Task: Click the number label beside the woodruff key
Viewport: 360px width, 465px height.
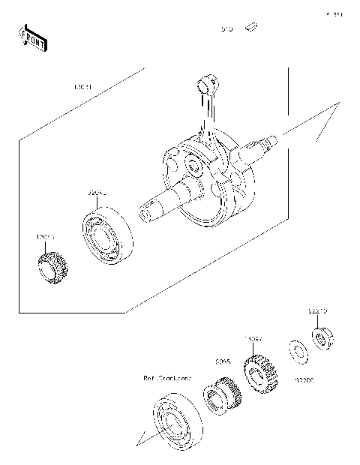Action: [226, 30]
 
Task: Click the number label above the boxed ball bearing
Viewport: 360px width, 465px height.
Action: [97, 193]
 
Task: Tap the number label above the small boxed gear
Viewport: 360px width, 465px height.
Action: [44, 238]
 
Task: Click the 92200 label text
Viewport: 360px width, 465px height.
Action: [304, 379]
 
